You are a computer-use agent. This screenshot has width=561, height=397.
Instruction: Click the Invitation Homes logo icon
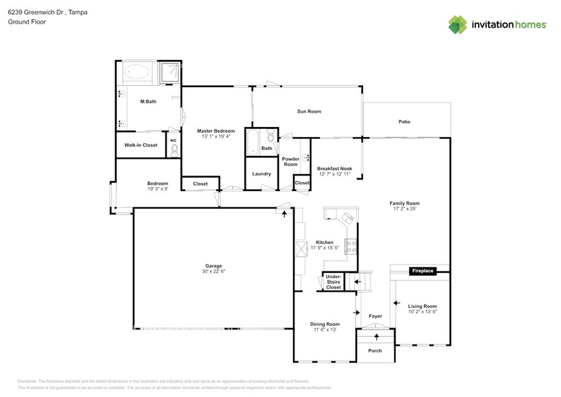coord(458,24)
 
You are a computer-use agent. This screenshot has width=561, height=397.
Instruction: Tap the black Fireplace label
coord(423,271)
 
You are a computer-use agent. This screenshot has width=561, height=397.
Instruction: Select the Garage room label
coord(213,266)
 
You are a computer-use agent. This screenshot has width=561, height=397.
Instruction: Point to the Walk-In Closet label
coord(140,145)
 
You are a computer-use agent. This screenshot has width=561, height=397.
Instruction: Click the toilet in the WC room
coord(173,151)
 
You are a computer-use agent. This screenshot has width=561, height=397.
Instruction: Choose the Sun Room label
coord(309,111)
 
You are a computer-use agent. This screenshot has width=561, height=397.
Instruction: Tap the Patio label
coord(404,122)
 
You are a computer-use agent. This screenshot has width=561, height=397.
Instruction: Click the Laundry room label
coord(261,174)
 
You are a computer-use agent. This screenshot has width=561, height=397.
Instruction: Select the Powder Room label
coord(290,161)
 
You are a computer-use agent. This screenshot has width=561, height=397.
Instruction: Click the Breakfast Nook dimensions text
coord(335,175)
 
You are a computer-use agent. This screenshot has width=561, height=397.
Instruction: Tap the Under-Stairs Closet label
coord(333,282)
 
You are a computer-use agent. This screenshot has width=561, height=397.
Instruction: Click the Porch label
coord(375,351)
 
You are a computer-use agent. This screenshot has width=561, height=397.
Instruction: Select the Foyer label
coord(375,316)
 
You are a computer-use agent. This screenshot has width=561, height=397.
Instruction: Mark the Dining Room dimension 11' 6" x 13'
coord(325,331)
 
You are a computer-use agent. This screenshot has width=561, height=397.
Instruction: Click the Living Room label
coord(423,306)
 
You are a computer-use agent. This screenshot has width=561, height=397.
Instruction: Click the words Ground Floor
coord(25,22)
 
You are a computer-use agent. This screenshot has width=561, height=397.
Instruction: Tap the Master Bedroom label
coord(215,130)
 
